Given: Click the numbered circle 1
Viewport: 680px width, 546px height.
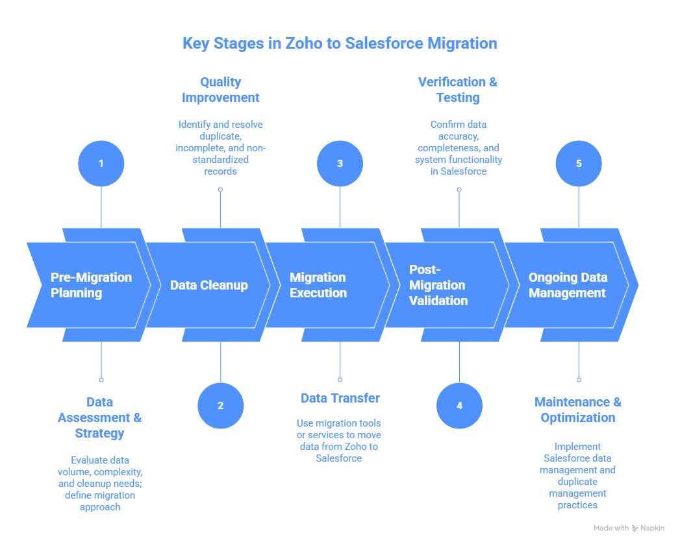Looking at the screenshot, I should click(x=101, y=164).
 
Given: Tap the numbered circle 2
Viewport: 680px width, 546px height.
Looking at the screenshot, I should click(x=220, y=406).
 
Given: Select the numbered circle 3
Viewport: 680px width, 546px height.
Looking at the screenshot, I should click(x=340, y=164).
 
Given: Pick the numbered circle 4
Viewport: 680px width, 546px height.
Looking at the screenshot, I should click(x=459, y=406).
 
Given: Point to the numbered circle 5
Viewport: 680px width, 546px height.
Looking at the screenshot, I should click(x=579, y=164).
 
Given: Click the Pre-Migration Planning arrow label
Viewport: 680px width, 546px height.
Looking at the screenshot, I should click(x=91, y=285).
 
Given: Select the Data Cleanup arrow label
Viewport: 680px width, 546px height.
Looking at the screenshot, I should click(x=208, y=285).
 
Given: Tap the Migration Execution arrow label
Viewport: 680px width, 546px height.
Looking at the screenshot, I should click(x=318, y=285).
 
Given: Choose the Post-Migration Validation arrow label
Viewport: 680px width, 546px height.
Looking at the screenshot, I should click(x=438, y=285).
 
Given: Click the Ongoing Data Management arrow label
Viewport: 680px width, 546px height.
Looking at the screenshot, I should click(x=567, y=285).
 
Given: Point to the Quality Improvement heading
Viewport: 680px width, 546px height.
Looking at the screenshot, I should click(x=220, y=90).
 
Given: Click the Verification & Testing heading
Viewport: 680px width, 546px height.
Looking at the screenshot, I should click(x=458, y=90).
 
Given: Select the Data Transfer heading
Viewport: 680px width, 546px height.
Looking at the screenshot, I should click(x=340, y=398).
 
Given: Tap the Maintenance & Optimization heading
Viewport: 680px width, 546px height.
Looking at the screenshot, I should click(x=577, y=410).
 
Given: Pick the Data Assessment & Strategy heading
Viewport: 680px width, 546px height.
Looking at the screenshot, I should click(x=99, y=417).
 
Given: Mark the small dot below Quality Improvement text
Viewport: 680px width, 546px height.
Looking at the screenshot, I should click(x=220, y=190).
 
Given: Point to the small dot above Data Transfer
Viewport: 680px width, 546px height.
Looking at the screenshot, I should click(x=340, y=379).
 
